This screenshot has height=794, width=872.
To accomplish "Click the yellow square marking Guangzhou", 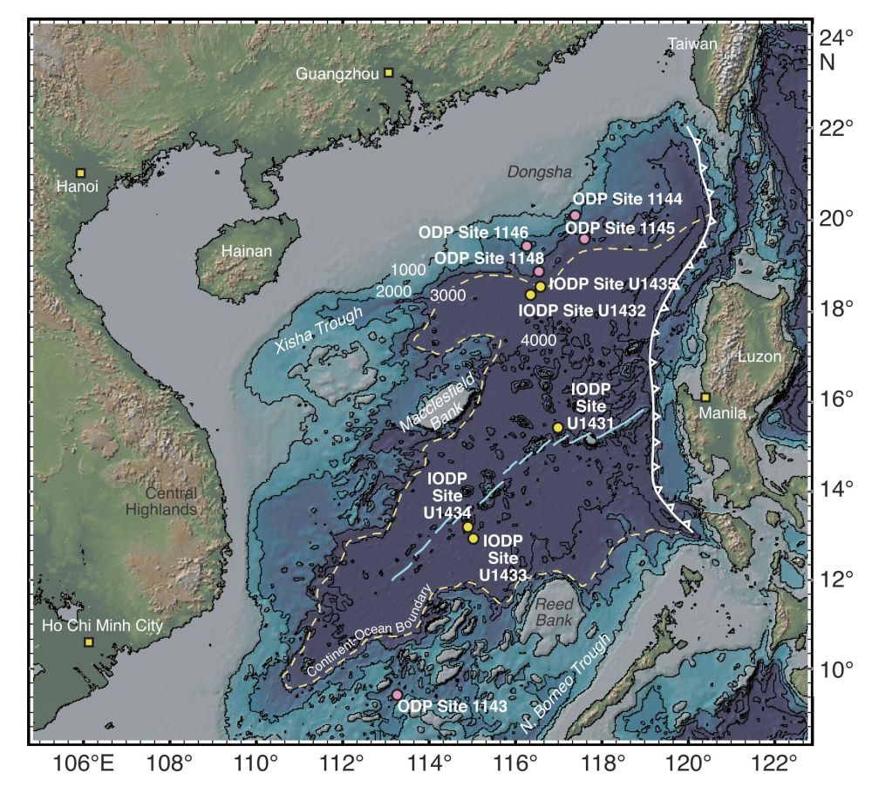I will pos(389,73).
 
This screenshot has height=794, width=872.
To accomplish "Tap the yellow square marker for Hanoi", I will pos(80,173).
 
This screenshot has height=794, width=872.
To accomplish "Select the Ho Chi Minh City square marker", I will pos(88,642).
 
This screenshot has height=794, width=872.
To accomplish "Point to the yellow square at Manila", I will pos(705,397).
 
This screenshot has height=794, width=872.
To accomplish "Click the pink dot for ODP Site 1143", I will pos(397,695).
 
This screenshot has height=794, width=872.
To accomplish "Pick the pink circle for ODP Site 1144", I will pos(576,215).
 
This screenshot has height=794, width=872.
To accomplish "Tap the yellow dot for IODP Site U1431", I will pos(558,427).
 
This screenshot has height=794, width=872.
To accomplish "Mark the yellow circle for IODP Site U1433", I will pos(473,539).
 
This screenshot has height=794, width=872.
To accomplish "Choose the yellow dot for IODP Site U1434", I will pos(468,526).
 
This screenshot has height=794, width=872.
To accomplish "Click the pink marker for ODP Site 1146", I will pos(527,246).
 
